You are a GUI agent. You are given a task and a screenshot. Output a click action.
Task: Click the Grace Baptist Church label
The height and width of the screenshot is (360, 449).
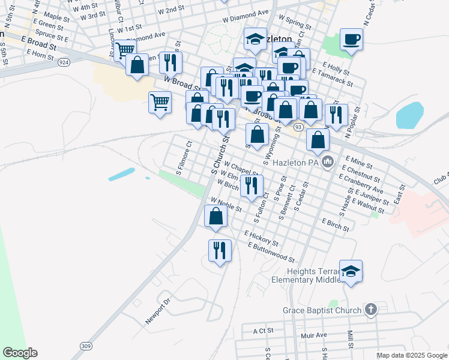tap(322, 310)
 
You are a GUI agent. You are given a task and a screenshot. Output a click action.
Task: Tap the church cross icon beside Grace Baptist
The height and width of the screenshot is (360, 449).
tap(371, 310)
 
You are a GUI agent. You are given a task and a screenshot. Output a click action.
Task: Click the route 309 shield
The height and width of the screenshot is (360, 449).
tap(86, 347)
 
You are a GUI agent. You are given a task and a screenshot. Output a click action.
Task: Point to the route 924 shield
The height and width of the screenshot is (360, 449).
tap(64, 61)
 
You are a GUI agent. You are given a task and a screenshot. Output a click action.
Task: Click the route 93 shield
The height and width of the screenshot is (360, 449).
tap(298, 127)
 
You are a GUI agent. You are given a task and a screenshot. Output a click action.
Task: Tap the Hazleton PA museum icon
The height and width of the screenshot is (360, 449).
tap(328, 161)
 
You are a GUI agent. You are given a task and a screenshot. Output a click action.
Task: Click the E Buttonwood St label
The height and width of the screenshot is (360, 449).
tap(271, 253)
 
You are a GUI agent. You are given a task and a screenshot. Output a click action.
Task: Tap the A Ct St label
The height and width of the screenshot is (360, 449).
tap(263, 331)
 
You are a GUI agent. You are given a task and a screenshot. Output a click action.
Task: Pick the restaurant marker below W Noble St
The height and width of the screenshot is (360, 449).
tap(220, 249)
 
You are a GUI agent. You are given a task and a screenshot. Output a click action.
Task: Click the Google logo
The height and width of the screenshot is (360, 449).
tap(20, 353)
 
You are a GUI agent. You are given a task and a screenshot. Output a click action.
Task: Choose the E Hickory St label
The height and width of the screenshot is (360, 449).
tap(261, 238)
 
